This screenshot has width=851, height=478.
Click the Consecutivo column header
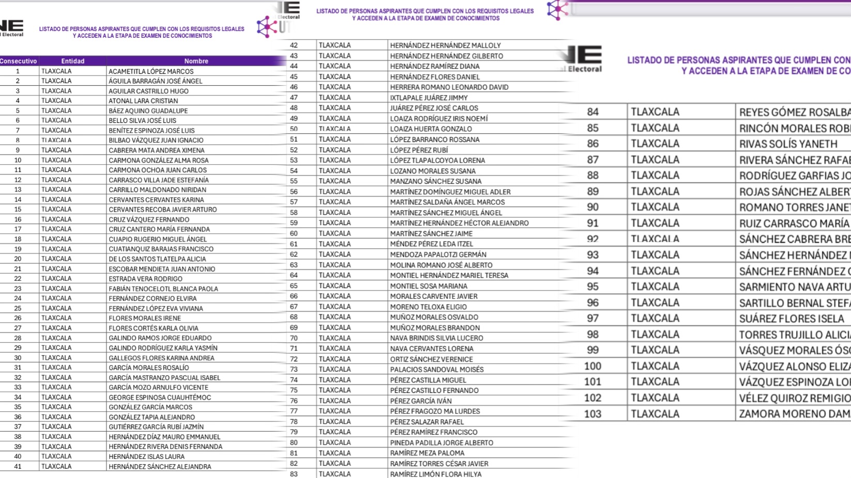pos(19,61)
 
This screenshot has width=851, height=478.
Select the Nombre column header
pos(196,61)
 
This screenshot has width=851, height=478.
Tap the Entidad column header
pos(72,61)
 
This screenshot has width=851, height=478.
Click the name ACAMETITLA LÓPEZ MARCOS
pos(151,71)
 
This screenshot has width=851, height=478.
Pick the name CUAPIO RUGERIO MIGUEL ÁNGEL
pos(158,239)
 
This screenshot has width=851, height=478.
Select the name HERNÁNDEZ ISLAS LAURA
pos(146,456)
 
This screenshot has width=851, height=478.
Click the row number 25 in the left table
pos(18,308)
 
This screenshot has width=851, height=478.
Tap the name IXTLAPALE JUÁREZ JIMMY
pos(429,98)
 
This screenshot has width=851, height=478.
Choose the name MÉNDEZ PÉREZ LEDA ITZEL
pos(431,244)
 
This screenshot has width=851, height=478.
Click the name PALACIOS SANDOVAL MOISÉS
pos(437,370)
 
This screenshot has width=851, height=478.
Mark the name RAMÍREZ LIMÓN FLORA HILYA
pos(435,474)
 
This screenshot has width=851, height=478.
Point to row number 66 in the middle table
pos(294,296)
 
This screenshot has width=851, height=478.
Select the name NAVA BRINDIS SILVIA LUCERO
pos(436,338)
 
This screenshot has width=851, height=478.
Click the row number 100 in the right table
pos(592,366)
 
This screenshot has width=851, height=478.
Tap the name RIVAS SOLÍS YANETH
pos(788,144)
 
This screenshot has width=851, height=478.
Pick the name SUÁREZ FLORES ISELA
pos(791,318)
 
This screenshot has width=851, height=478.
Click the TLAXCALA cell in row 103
pos(655,413)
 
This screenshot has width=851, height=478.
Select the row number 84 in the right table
pos(592,112)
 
